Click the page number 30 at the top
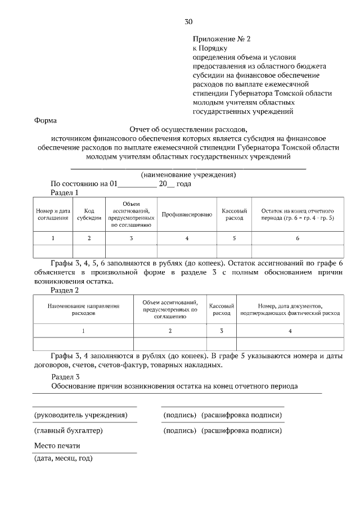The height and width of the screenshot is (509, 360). pyautogui.click(x=188, y=22)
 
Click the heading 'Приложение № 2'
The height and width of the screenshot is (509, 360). pyautogui.click(x=220, y=39)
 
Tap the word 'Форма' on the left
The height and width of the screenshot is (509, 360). pyautogui.click(x=45, y=120)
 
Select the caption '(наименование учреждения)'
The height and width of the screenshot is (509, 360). pyautogui.click(x=188, y=175)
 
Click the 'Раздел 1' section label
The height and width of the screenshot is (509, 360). pyautogui.click(x=65, y=192)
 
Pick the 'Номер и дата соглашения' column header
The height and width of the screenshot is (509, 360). pyautogui.click(x=53, y=214)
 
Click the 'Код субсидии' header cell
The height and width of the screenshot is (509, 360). pyautogui.click(x=89, y=214)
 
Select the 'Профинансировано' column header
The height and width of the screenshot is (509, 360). pyautogui.click(x=187, y=214)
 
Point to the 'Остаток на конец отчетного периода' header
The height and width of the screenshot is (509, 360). pyautogui.click(x=298, y=214)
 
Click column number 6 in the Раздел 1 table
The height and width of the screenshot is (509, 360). pyautogui.click(x=298, y=238)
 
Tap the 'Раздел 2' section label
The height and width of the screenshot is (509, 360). pyautogui.click(x=65, y=290)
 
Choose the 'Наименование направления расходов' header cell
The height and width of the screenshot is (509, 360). pyautogui.click(x=83, y=309)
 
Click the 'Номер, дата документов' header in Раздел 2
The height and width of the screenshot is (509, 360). pyautogui.click(x=290, y=309)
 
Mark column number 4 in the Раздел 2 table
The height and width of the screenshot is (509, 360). pyautogui.click(x=290, y=331)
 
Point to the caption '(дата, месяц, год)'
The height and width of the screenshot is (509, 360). pyautogui.click(x=64, y=458)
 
